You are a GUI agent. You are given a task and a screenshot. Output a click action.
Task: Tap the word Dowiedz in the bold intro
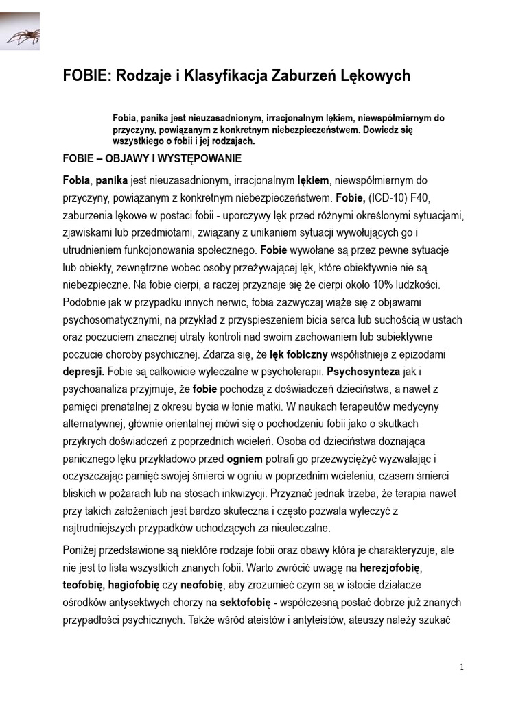tap(390, 130)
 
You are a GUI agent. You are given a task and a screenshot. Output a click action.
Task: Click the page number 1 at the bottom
tap(462, 667)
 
